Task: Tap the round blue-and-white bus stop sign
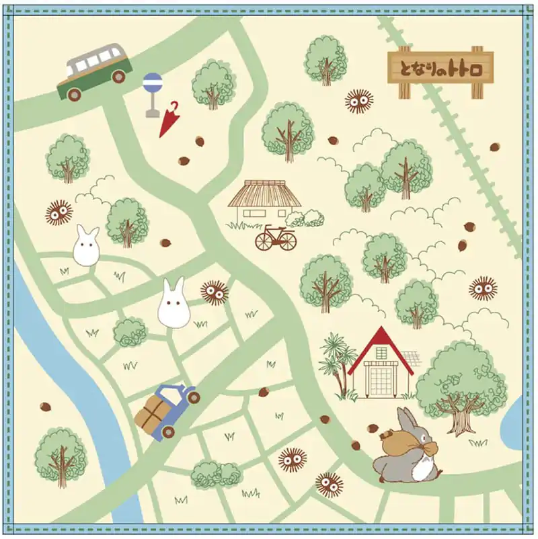pyautogui.click(x=153, y=83)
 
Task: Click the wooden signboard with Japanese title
pyautogui.click(x=440, y=68)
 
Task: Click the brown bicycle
pyautogui.click(x=275, y=238)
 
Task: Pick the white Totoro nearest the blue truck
pyautogui.click(x=173, y=304)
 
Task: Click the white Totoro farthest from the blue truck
pyautogui.click(x=86, y=247)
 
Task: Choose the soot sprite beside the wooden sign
pyautogui.click(x=359, y=101)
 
